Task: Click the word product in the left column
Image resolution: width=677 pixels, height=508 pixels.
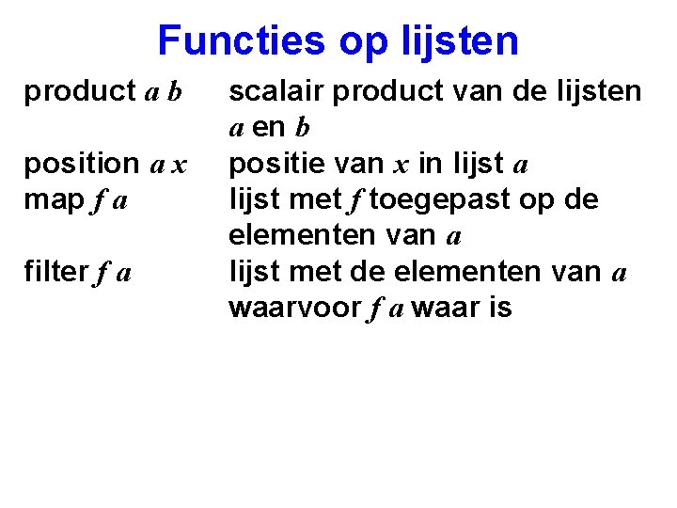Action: (80, 92)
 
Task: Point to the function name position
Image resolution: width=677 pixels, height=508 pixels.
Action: (82, 164)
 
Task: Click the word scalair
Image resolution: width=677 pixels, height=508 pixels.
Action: (277, 91)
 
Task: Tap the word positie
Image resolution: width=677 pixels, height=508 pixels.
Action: (276, 164)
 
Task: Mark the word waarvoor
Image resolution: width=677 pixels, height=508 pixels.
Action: (291, 309)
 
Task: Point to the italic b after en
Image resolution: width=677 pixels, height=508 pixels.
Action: (303, 128)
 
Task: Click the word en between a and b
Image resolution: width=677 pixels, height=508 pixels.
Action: (270, 128)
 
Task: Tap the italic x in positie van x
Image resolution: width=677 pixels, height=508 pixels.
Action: (400, 166)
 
